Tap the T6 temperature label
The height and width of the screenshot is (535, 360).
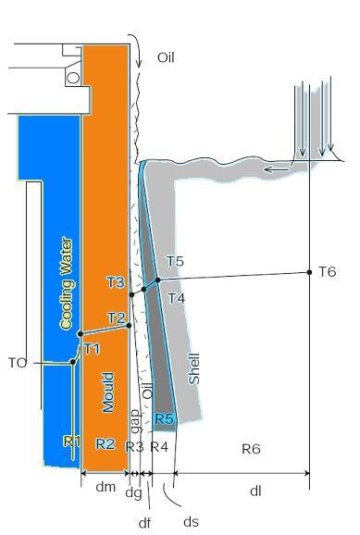tap(327, 271)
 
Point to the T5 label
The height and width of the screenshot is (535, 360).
tap(175, 262)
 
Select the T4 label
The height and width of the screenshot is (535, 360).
tap(176, 297)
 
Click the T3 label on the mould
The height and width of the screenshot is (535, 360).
tap(115, 281)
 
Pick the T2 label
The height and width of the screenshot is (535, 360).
tap(116, 317)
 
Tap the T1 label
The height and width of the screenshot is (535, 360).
tap(92, 348)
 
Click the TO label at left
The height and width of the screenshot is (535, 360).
tap(18, 363)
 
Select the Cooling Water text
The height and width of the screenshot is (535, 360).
tap(66, 283)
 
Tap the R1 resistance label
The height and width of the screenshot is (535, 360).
tap(72, 442)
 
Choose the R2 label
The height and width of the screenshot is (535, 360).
tap(106, 443)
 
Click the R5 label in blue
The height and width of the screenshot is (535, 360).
tap(164, 419)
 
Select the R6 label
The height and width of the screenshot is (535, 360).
tap(251, 449)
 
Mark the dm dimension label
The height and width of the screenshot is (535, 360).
tap(106, 488)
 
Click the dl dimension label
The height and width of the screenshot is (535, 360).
tap(255, 491)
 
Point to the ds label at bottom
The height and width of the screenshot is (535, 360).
tap(191, 521)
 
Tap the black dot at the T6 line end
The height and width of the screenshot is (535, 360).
tap(309, 272)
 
